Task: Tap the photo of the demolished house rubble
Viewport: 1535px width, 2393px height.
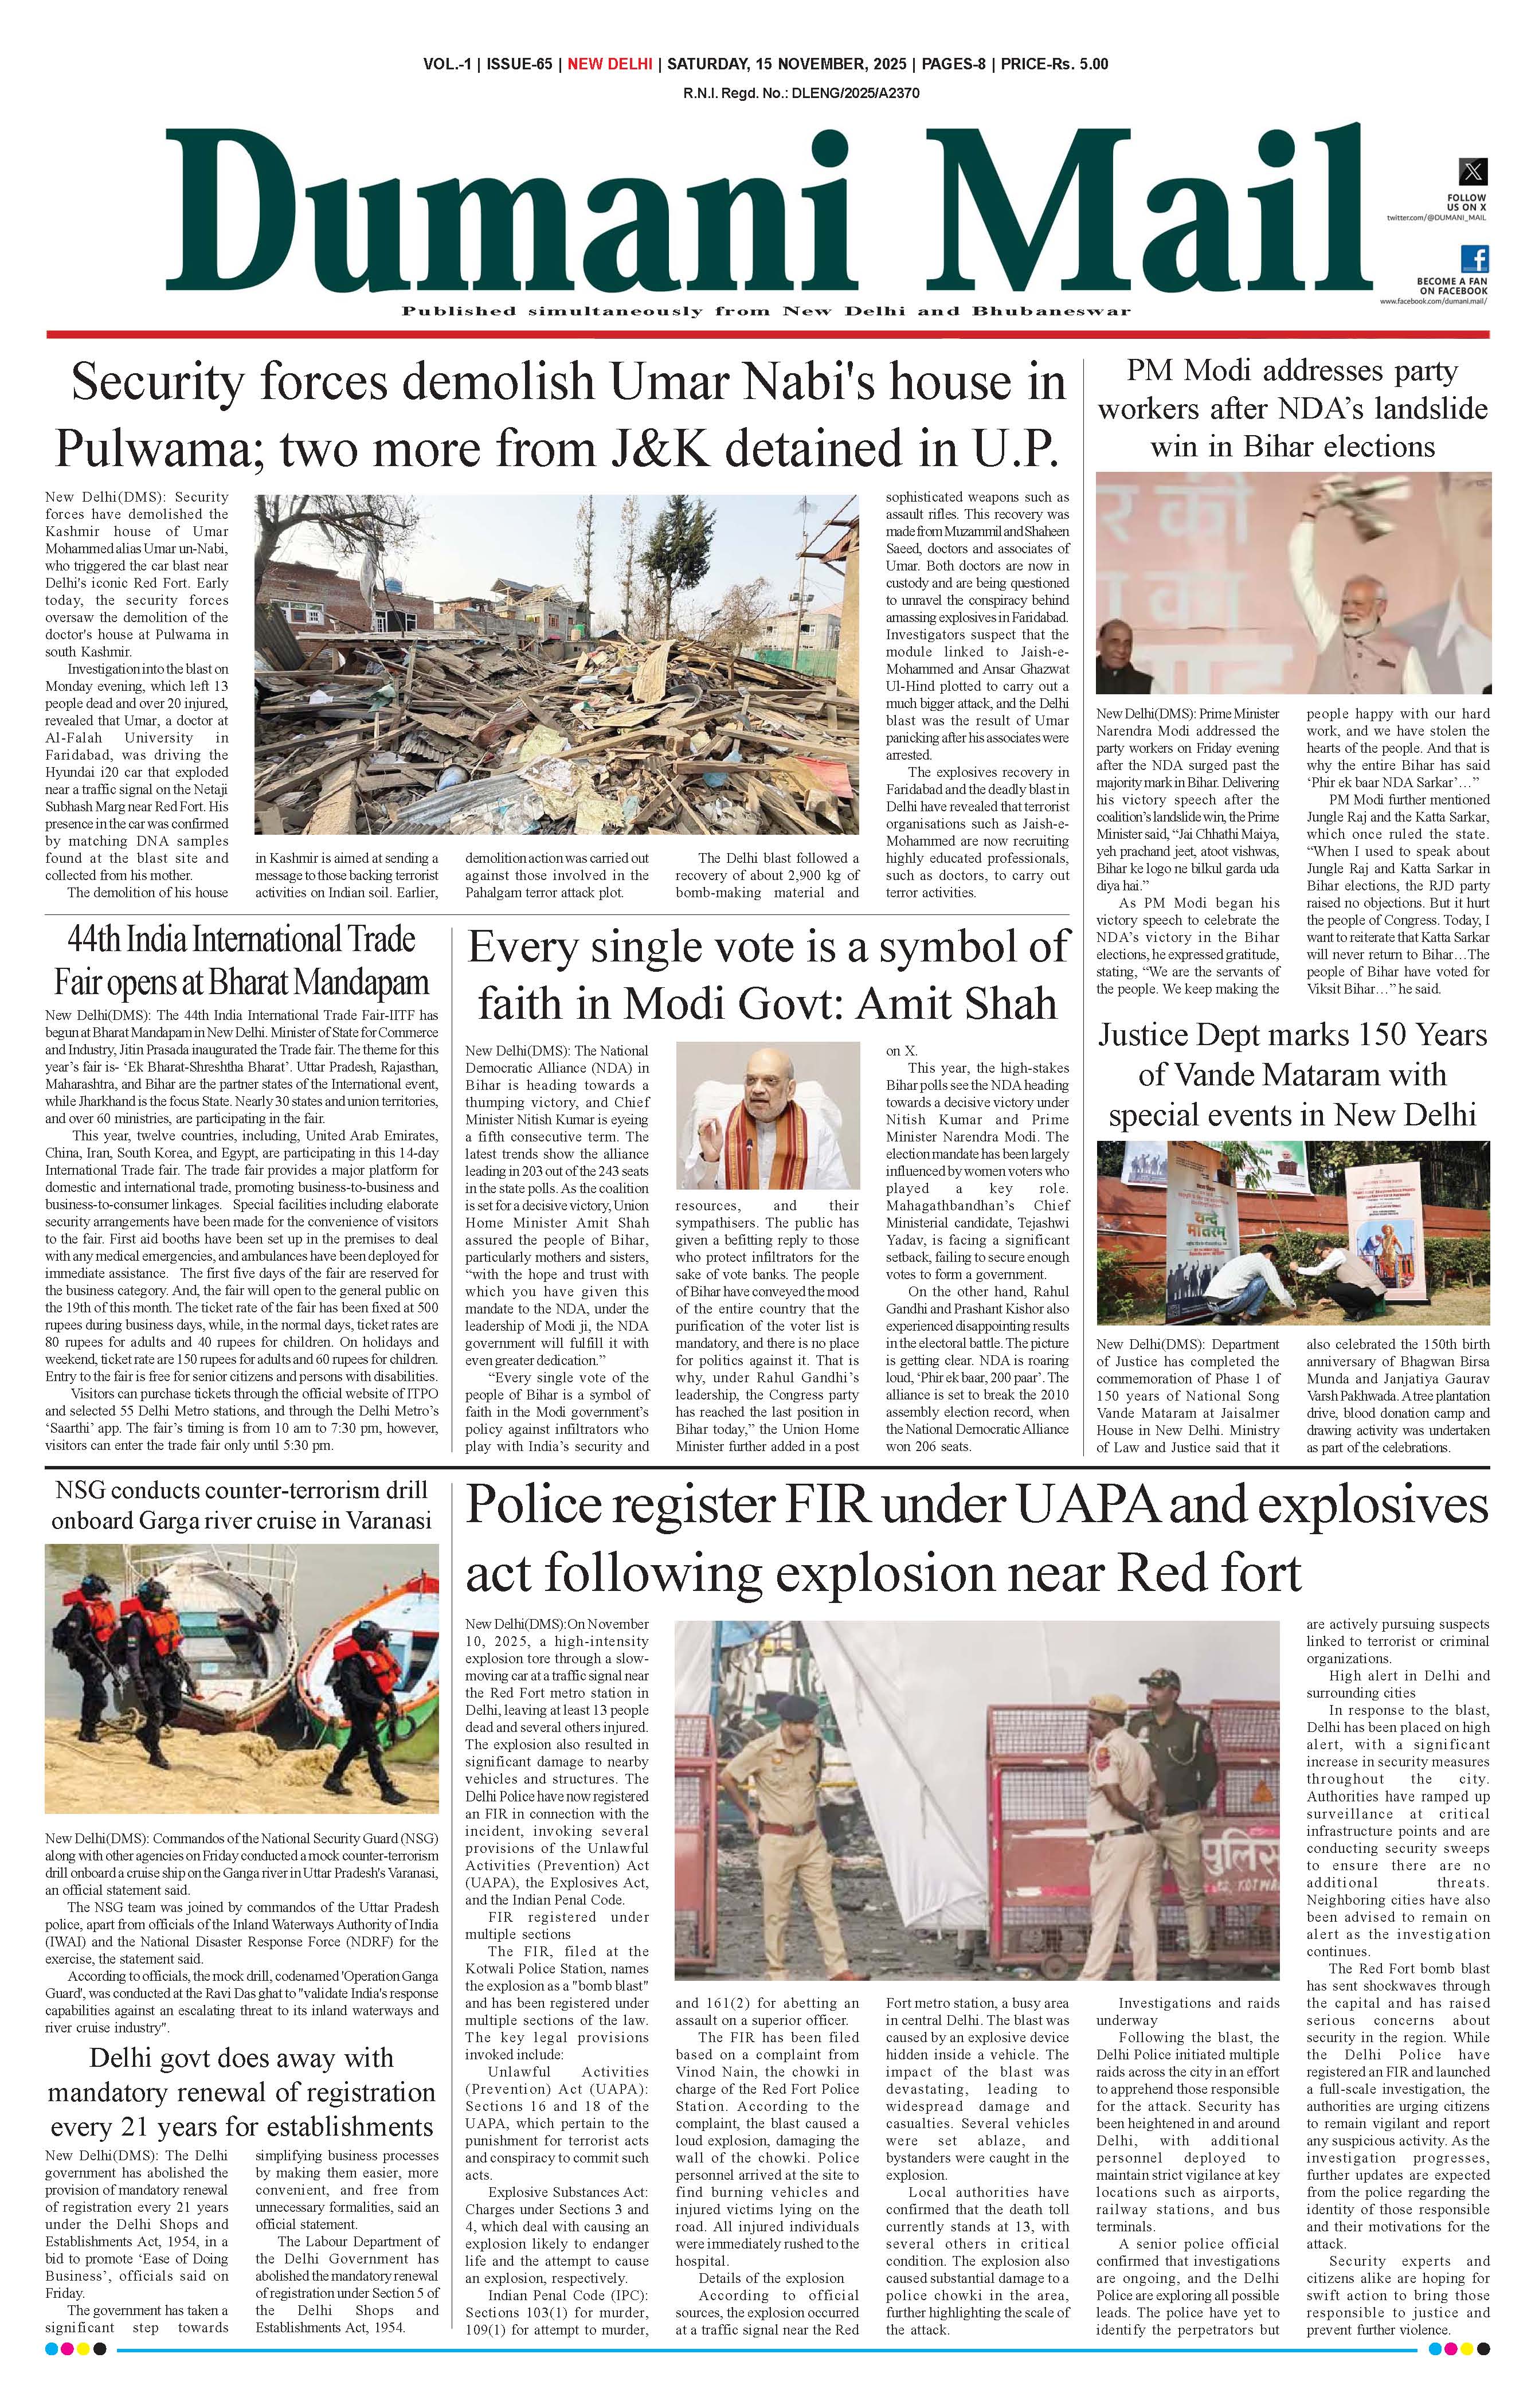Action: click(556, 665)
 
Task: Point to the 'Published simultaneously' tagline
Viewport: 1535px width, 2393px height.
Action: click(766, 311)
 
